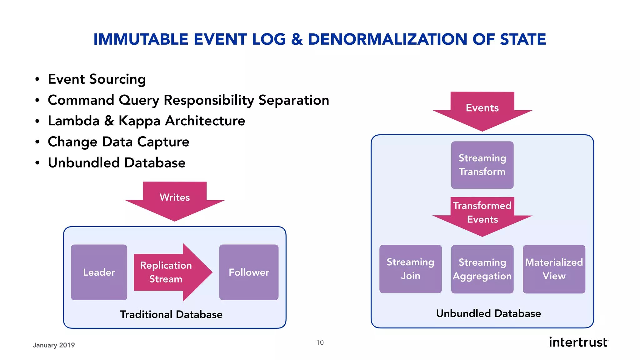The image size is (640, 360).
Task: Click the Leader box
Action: (99, 272)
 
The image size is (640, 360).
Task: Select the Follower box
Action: (249, 272)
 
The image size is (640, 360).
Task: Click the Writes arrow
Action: (175, 200)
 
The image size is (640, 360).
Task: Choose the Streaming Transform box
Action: (482, 165)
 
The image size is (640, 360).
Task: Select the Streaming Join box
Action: (410, 269)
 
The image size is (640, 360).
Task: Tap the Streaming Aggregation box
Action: (482, 269)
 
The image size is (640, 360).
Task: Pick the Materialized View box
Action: (554, 269)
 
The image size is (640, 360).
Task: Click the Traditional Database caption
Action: (171, 314)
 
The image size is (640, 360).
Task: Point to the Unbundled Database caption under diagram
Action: (488, 313)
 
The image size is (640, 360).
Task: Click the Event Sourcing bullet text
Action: (97, 79)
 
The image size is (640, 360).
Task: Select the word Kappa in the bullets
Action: (139, 121)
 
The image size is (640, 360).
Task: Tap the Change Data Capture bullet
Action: (118, 142)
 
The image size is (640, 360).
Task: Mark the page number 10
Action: (320, 342)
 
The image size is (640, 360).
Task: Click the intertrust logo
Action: (578, 342)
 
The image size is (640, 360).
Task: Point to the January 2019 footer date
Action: (54, 345)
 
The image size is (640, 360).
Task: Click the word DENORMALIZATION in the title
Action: (388, 39)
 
